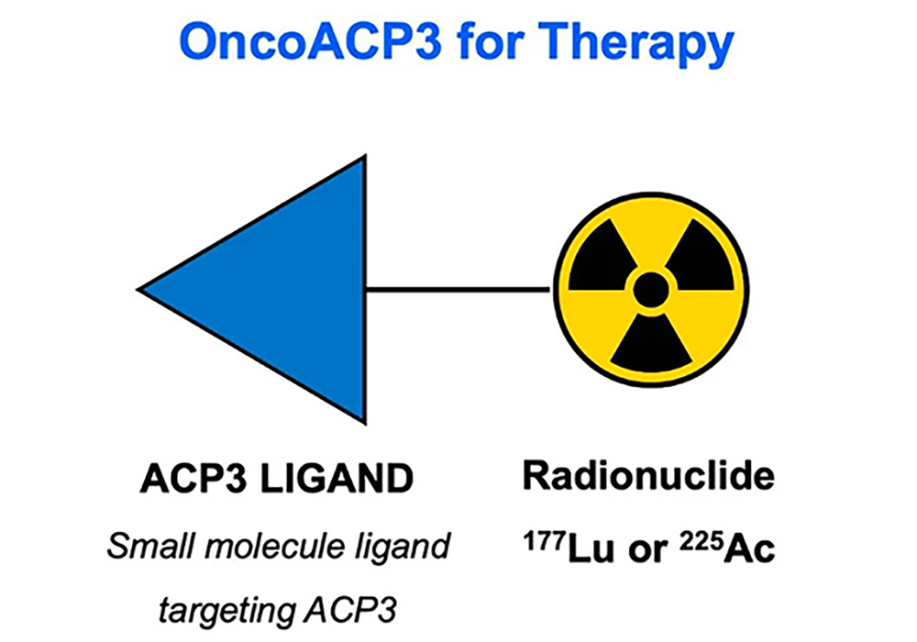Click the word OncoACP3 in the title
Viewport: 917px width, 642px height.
(311, 41)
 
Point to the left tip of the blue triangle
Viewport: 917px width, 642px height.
(138, 289)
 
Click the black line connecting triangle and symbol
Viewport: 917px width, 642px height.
(458, 289)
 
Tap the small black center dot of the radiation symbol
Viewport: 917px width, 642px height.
(651, 290)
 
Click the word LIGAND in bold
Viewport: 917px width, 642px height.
(337, 480)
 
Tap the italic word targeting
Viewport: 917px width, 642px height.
(226, 612)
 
